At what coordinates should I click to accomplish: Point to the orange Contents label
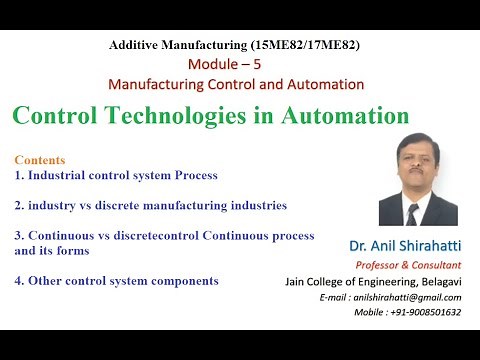click(x=40, y=160)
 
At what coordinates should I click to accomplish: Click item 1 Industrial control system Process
click(x=115, y=175)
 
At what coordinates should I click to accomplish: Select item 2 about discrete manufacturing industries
click(x=150, y=205)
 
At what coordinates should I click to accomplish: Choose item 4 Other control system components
click(x=116, y=281)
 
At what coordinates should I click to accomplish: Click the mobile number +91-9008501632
click(x=420, y=313)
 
